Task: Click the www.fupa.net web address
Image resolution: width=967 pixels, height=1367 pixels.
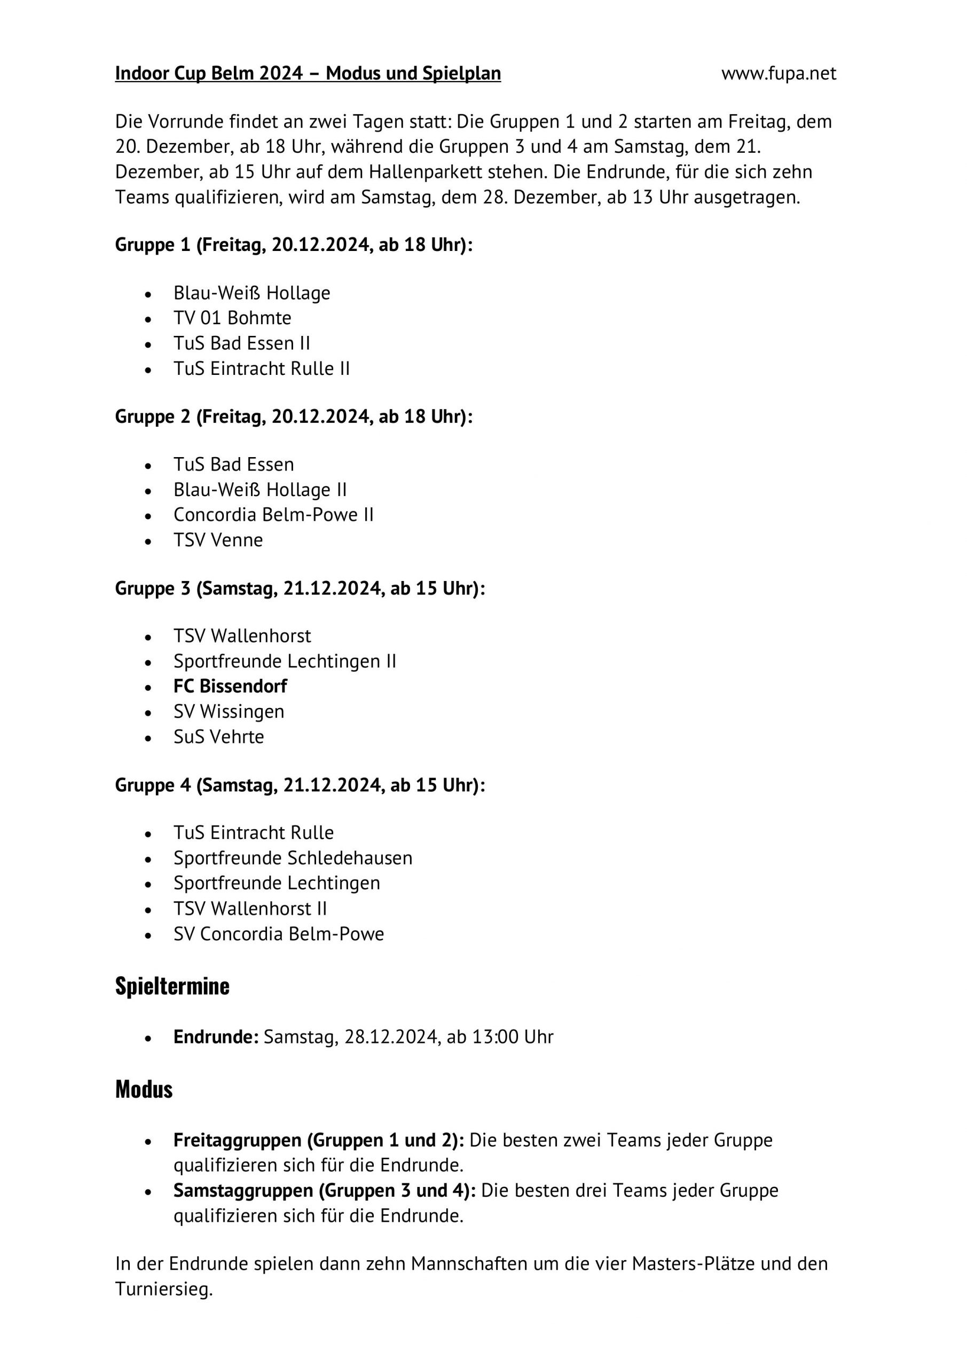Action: coord(778,73)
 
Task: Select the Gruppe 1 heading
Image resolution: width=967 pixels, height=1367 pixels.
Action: coord(294,245)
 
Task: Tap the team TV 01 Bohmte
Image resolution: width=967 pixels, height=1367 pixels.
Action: coord(232,318)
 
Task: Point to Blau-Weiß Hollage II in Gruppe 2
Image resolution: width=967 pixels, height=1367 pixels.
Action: coord(260,490)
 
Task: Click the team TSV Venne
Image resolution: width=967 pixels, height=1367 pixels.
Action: coord(218,540)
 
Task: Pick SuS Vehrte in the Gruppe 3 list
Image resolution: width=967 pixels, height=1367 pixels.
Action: coord(218,736)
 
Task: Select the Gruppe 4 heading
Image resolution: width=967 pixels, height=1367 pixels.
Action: coord(300,785)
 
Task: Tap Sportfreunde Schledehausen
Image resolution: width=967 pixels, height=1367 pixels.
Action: coord(293,858)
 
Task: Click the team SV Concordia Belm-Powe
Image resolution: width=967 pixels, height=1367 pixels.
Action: coord(279,933)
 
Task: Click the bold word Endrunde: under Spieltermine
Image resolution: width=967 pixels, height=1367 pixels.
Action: coord(216,1036)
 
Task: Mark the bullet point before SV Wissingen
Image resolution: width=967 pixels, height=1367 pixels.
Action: coord(148,713)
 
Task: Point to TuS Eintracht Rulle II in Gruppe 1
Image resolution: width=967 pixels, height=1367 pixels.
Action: coord(262,368)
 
